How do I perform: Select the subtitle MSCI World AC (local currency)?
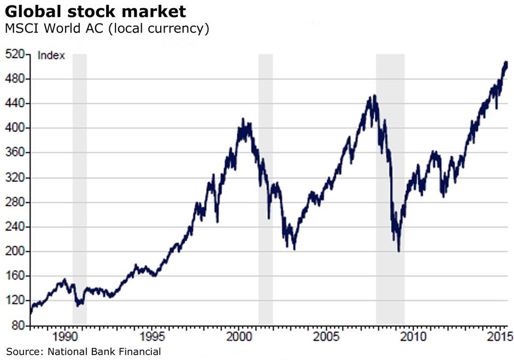click(x=107, y=28)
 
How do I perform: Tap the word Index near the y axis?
click(x=51, y=55)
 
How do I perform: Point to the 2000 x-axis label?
click(x=240, y=335)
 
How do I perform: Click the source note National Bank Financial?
click(x=84, y=351)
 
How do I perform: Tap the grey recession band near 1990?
click(x=79, y=164)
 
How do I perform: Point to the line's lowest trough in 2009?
click(x=399, y=251)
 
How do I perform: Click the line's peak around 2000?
click(x=242, y=119)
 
